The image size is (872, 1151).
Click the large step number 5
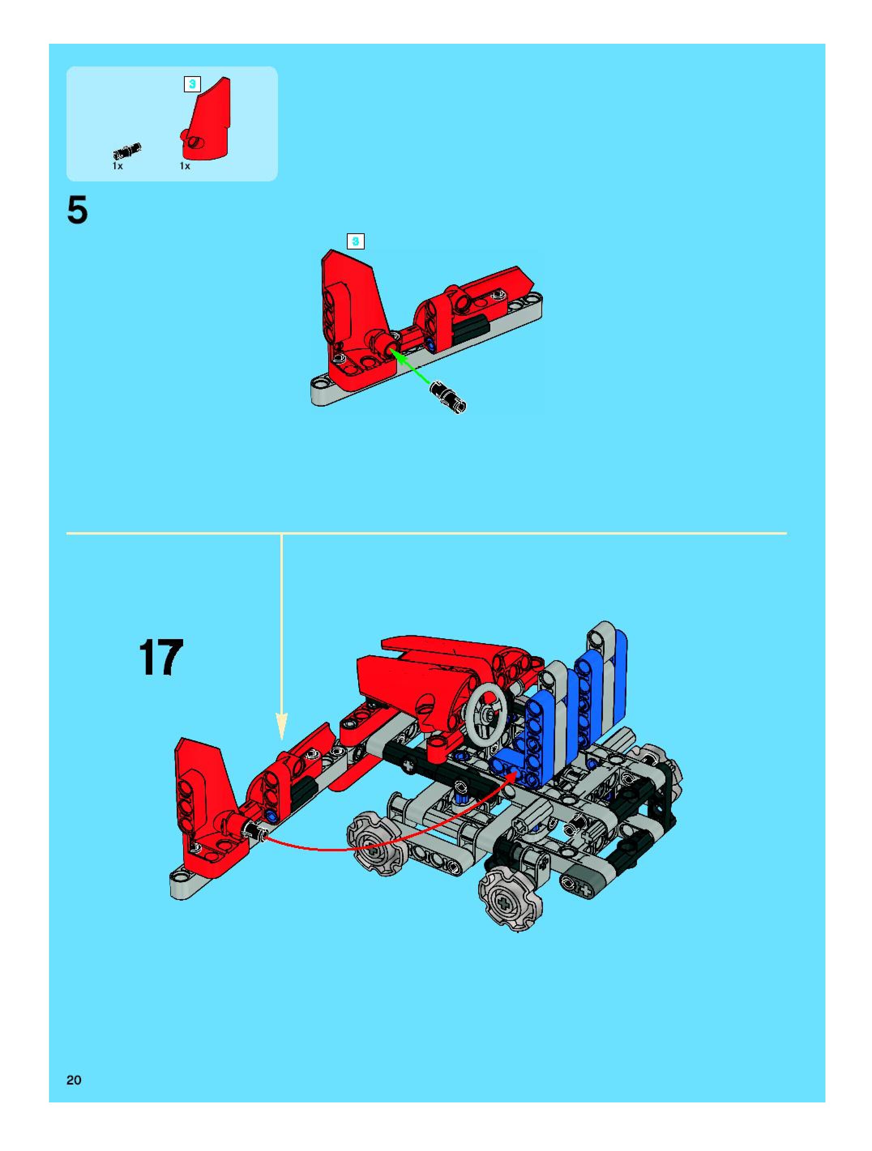[x=77, y=211]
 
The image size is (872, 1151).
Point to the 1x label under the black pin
[x=118, y=166]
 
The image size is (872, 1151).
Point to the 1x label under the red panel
[x=185, y=166]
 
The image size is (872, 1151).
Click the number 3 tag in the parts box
[x=192, y=84]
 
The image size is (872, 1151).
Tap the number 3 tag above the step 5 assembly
[x=356, y=241]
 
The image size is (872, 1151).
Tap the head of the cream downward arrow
[x=281, y=726]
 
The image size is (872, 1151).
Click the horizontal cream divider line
[x=426, y=533]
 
